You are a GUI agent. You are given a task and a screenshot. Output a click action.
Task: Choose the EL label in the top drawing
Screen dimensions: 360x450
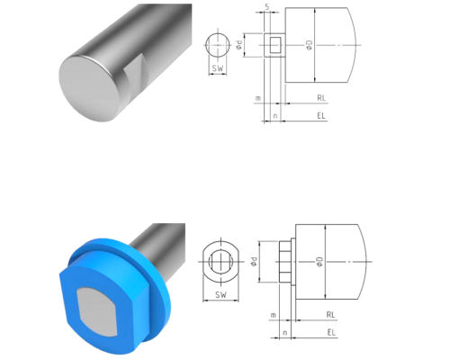(321, 116)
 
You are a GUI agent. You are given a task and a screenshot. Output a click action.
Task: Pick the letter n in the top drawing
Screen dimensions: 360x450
(272, 116)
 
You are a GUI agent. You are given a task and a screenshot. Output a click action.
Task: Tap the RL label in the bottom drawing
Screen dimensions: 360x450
(331, 315)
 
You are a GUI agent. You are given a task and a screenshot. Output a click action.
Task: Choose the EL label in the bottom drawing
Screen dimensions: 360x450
(331, 333)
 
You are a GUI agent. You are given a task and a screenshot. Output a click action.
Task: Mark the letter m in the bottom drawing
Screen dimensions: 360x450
(272, 315)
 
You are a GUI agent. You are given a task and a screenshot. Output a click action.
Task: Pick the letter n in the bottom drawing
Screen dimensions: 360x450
(285, 333)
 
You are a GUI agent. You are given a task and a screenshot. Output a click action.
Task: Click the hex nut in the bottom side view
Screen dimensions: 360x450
(283, 262)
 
